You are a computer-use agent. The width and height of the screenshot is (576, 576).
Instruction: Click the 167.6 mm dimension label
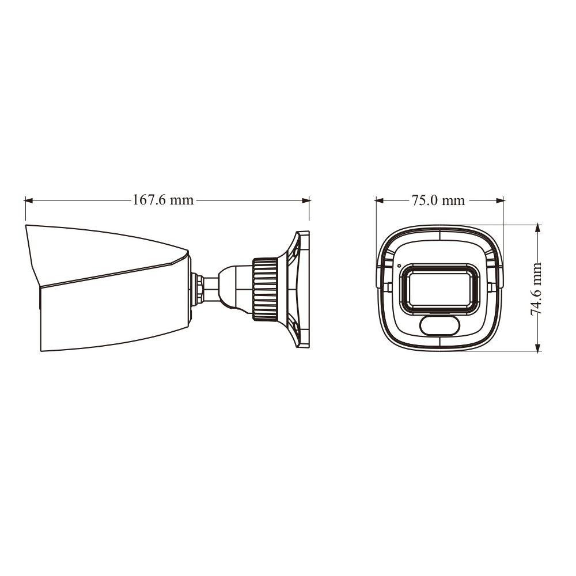(x=163, y=200)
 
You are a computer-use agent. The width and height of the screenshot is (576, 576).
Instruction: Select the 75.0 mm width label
(x=438, y=200)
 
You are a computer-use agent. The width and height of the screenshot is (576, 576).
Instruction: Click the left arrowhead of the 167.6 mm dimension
(x=28, y=200)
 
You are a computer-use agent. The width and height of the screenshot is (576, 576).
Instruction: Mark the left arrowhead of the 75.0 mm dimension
(x=379, y=200)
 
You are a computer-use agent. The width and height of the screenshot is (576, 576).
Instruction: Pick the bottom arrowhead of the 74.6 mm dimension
(x=537, y=347)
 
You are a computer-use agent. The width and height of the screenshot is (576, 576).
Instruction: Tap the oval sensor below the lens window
(x=439, y=325)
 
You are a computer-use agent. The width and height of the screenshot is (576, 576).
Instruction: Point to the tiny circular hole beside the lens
(x=399, y=266)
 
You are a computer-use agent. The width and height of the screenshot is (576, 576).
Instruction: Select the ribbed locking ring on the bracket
(x=265, y=286)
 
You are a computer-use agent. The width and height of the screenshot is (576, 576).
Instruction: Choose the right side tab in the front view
(x=490, y=286)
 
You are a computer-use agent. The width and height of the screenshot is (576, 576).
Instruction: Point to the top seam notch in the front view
(x=439, y=234)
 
